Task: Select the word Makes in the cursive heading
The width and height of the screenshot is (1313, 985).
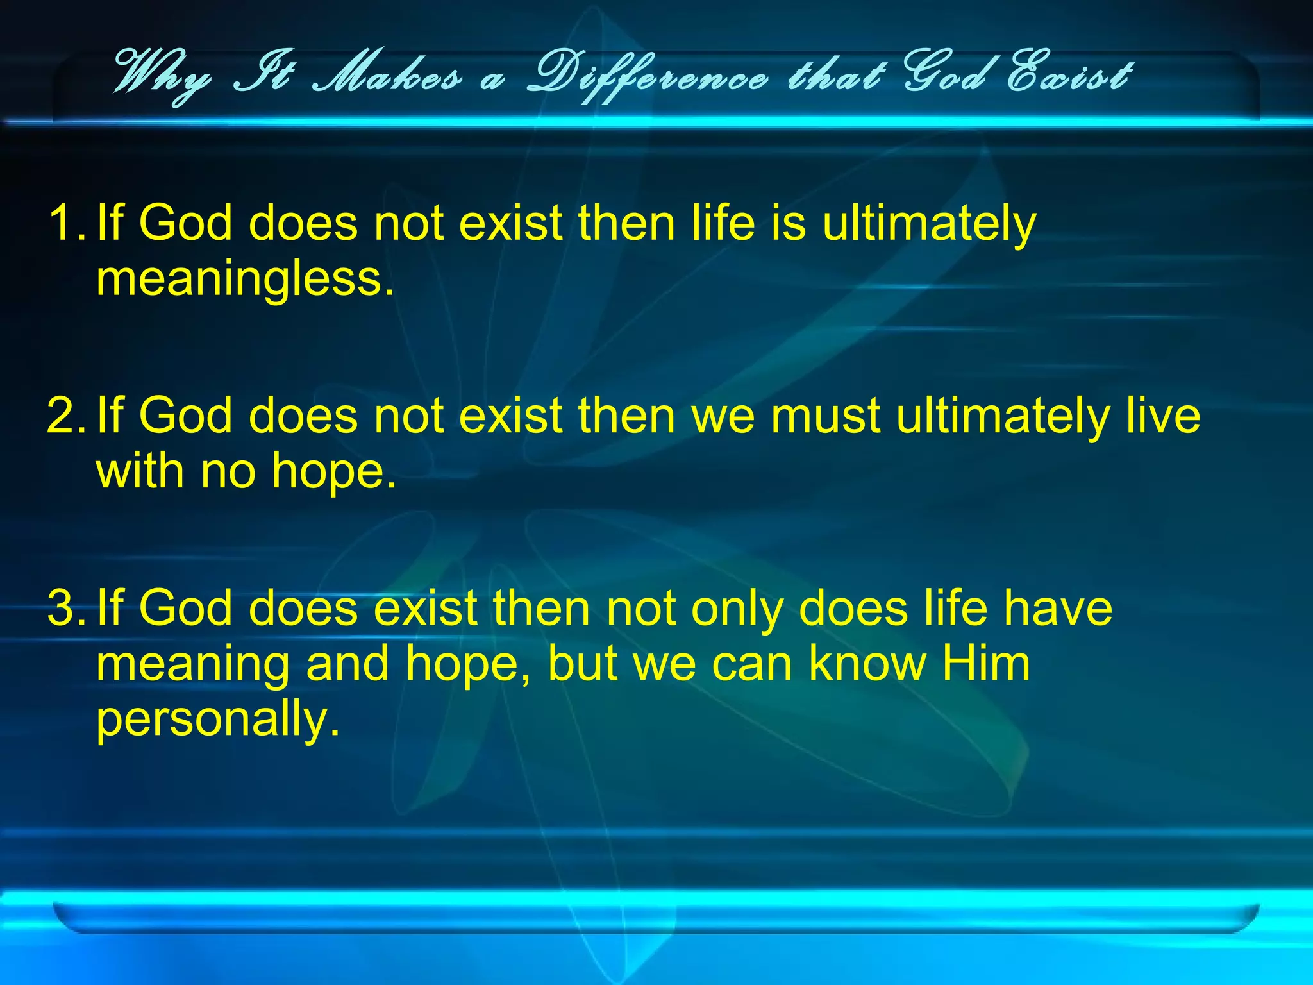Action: (387, 77)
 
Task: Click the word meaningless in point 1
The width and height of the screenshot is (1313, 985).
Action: (245, 280)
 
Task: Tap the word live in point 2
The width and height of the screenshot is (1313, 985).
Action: (1163, 416)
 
